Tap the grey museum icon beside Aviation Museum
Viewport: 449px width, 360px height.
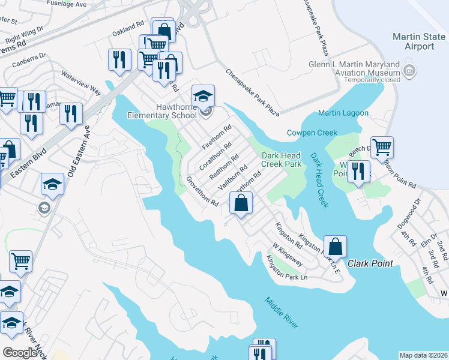coord(410,72)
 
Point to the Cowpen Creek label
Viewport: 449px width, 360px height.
coord(312,133)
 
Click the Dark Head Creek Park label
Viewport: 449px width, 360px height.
coord(281,159)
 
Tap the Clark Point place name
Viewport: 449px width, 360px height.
coord(369,263)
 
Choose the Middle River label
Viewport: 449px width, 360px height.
coord(282,312)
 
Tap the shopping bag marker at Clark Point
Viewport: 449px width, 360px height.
coord(335,246)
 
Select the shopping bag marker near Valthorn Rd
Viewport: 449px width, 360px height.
coord(241,203)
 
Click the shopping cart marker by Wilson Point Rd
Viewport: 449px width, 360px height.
coord(382,146)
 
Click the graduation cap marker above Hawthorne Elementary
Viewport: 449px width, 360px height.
coord(203,95)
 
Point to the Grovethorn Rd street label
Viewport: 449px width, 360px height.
coord(202,191)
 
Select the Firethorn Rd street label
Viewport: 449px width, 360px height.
coord(217,137)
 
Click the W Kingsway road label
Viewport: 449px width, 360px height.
coord(286,254)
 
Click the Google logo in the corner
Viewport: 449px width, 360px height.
coord(20,353)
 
